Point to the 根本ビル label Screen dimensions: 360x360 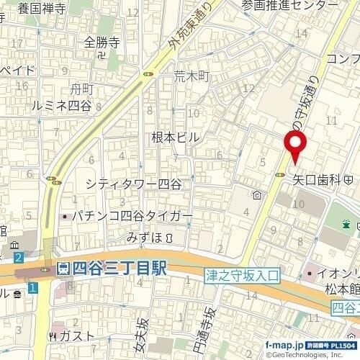tap(175, 136)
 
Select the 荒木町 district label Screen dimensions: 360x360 tap(191, 75)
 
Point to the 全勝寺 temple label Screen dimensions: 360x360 tap(99, 42)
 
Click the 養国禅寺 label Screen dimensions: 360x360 tap(42, 9)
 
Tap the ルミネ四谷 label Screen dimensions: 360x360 tap(62, 105)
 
